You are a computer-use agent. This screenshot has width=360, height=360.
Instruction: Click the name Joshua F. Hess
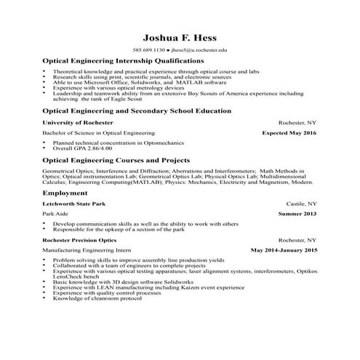[x=180, y=37]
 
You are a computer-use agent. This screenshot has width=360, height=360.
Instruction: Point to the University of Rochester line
[x=76, y=123]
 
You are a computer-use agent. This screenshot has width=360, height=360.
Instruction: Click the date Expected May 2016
[x=289, y=135]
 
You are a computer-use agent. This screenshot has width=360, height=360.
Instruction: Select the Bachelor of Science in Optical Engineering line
[x=98, y=135]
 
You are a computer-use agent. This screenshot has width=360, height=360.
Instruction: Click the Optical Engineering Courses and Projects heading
[x=116, y=160]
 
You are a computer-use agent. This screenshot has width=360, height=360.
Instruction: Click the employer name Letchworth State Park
[x=74, y=204]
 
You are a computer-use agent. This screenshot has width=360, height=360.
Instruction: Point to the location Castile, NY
[x=301, y=204]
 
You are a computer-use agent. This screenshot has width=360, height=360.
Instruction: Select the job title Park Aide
[x=55, y=215]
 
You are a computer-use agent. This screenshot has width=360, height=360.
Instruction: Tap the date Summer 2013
[x=297, y=215]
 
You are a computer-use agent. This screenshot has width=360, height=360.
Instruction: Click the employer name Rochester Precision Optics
[x=79, y=239]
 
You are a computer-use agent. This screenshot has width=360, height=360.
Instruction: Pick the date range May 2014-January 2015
[x=284, y=250]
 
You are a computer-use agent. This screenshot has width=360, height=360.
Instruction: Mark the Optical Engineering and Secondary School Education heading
[x=137, y=111]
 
